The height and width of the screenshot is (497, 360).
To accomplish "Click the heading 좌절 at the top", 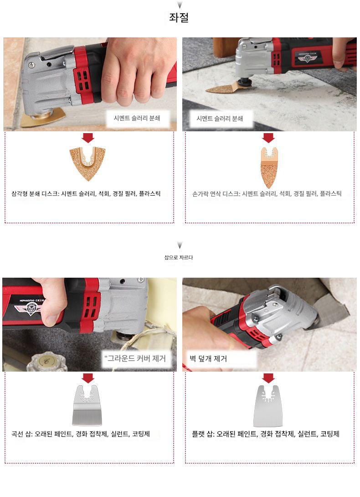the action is (x=179, y=17).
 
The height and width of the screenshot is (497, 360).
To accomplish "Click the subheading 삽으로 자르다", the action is (x=179, y=257).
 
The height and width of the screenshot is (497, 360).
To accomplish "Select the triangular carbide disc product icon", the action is (x=87, y=163).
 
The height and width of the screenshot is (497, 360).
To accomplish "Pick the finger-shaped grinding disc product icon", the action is (x=269, y=167).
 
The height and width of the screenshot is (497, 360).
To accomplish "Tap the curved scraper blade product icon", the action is (x=87, y=405).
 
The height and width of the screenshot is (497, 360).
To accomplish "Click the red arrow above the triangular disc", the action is (x=88, y=138).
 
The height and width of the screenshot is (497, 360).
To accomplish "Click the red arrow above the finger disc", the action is (x=268, y=138).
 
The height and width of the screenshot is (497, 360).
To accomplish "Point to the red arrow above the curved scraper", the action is (x=88, y=378).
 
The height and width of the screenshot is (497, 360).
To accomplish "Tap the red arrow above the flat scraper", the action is (x=268, y=378).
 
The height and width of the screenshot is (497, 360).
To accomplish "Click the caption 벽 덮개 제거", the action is (x=208, y=358).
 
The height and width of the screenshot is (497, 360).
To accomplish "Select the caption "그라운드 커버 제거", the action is (x=135, y=358).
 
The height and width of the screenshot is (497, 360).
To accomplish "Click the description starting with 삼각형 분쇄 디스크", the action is (x=86, y=193).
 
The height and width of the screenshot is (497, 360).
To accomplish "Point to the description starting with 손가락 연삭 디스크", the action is (x=267, y=193).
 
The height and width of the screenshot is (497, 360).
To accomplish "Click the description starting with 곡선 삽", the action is (x=81, y=434).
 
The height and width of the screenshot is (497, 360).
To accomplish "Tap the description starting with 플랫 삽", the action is (x=266, y=434).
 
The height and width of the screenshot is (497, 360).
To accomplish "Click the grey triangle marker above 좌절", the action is (x=180, y=5).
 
